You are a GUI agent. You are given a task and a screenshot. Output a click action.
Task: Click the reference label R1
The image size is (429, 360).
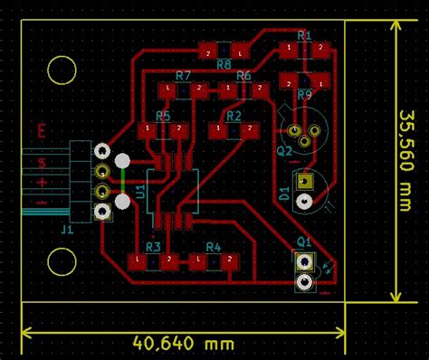(x=304, y=35)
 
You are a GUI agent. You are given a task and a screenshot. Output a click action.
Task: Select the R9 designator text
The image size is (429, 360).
(x=304, y=94)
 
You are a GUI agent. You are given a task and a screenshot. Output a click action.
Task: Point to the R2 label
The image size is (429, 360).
(x=234, y=116)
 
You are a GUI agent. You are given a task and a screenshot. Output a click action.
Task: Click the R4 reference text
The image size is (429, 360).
(x=213, y=246)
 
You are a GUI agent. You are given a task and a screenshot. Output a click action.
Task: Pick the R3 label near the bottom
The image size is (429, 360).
(x=153, y=246)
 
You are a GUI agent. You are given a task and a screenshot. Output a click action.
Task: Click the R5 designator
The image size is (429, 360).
(x=163, y=116)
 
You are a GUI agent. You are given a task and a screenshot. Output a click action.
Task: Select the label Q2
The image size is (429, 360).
(x=284, y=151)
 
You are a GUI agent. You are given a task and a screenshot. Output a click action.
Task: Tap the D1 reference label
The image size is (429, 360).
(x=284, y=193)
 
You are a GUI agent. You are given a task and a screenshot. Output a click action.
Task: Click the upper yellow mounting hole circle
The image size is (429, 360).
(x=62, y=69)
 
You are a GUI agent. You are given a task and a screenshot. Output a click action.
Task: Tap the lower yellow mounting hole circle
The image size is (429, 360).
(x=62, y=261)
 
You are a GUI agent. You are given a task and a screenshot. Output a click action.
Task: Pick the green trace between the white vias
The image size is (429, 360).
(x=122, y=180)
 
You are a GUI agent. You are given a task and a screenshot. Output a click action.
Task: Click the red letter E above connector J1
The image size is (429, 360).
(x=42, y=131)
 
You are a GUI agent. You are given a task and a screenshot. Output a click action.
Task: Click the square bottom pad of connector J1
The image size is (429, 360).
(x=103, y=212)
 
